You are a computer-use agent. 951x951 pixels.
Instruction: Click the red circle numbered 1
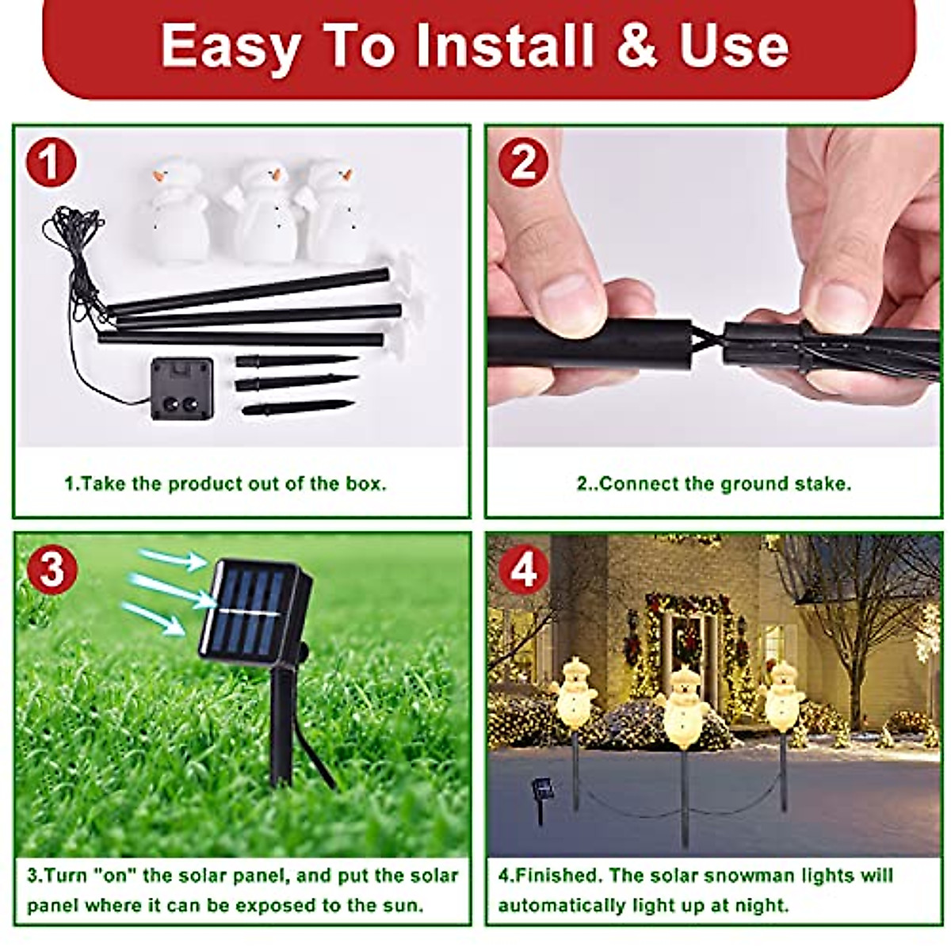point(51,162)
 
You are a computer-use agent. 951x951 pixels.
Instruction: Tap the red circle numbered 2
point(523,162)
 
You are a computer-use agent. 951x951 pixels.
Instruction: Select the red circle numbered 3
point(51,568)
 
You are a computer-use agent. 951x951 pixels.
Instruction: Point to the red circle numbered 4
point(523,568)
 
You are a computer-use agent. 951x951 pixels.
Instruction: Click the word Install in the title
point(503,45)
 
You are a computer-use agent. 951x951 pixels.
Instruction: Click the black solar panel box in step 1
point(181,388)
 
